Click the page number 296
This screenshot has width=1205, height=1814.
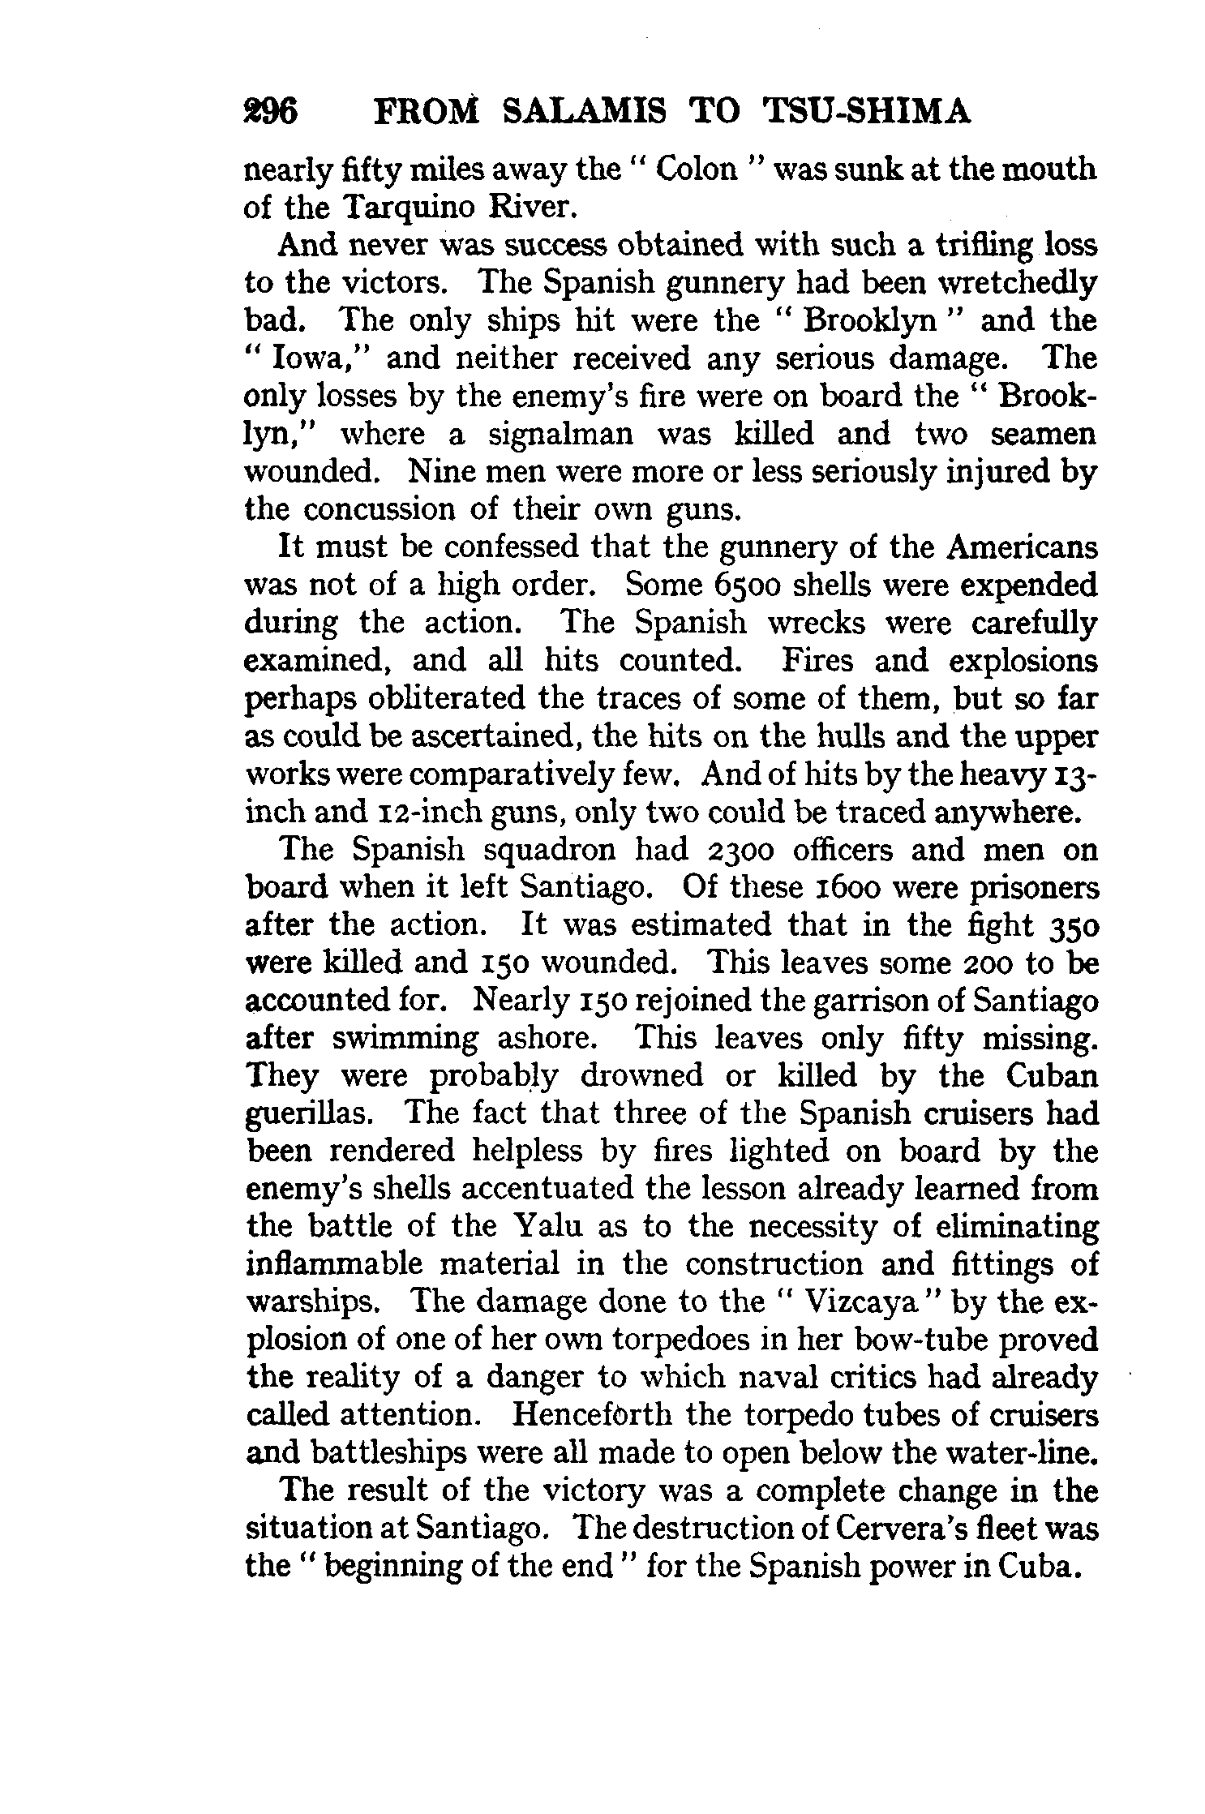(x=272, y=112)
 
